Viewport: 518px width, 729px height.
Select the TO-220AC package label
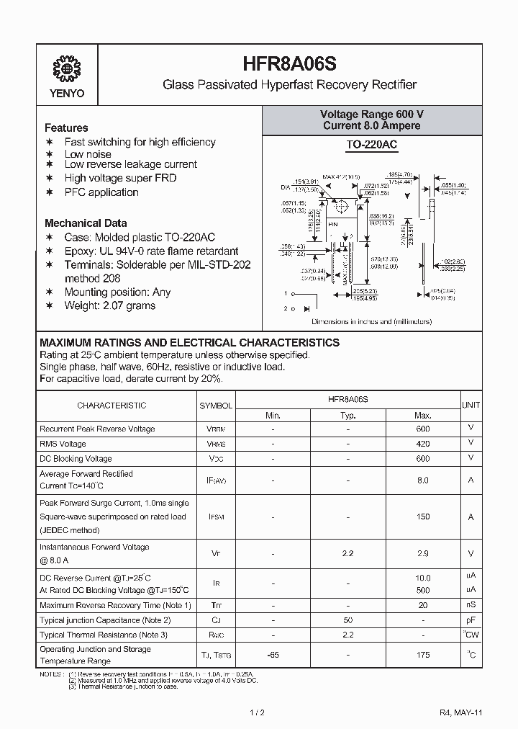pos(371,145)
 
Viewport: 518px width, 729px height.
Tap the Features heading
pos(66,128)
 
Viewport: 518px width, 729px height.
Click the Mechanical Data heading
pos(86,223)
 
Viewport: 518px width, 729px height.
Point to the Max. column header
pos(423,415)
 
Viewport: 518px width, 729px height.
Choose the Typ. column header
pos(348,415)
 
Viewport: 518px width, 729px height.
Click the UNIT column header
pos(471,406)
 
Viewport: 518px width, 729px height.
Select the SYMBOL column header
pos(216,406)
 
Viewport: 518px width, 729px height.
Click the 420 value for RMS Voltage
pos(423,444)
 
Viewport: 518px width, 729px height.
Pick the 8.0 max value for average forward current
pos(423,480)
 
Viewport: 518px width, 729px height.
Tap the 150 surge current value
pos(423,516)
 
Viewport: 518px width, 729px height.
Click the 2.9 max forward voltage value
pos(423,553)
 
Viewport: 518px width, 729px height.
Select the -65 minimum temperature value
pos(273,655)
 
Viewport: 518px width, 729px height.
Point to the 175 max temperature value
pos(423,655)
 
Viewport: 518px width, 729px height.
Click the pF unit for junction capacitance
pos(471,620)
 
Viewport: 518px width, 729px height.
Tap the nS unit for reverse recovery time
pos(471,605)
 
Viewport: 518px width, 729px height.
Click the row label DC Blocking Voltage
pos(76,459)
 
